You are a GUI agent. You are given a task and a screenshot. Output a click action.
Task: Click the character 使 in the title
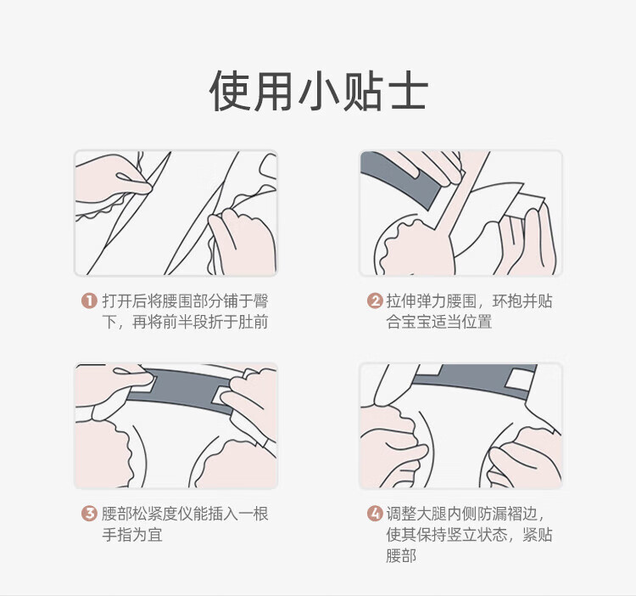(230, 91)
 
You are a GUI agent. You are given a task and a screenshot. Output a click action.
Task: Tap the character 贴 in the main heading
(362, 91)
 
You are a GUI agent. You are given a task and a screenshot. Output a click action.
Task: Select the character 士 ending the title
(407, 91)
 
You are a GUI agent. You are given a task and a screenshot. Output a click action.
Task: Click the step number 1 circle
(89, 301)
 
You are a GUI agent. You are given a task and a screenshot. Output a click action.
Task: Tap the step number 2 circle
(374, 301)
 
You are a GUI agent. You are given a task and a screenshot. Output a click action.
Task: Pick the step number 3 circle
(89, 514)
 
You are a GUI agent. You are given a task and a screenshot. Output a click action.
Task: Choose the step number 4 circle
(374, 514)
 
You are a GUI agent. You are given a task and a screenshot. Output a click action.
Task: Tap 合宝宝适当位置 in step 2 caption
(439, 322)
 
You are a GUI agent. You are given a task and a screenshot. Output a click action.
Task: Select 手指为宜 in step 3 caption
(131, 535)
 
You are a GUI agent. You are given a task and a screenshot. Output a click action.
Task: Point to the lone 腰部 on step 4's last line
(401, 556)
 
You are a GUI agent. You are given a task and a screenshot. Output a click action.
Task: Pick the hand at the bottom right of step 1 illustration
(243, 240)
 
